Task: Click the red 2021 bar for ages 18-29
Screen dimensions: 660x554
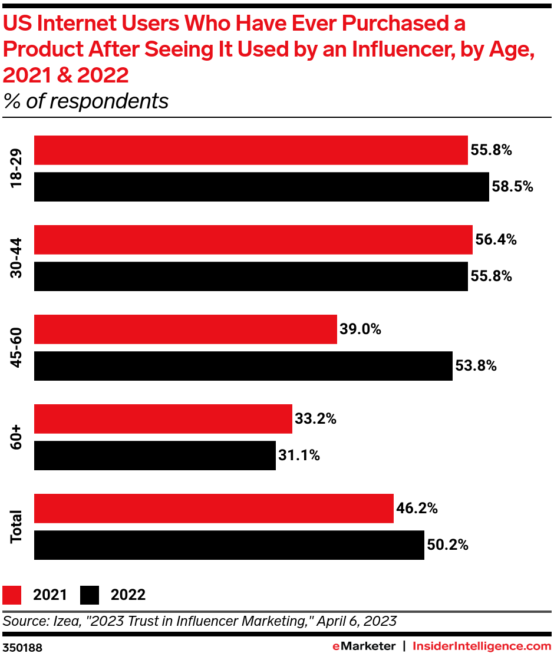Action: [x=250, y=150]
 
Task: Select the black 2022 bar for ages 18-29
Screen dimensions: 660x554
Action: [x=261, y=187]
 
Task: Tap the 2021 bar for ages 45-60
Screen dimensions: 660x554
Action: [x=185, y=329]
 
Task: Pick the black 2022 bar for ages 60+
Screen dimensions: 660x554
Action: [x=154, y=456]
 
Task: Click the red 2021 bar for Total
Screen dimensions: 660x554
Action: [x=213, y=509]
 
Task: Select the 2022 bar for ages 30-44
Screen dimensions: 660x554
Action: [x=250, y=276]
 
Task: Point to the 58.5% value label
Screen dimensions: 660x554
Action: [x=512, y=187]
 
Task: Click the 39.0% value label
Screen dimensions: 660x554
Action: [x=360, y=329]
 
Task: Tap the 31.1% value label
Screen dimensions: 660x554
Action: [x=299, y=456]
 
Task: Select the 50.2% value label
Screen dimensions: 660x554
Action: [x=447, y=545]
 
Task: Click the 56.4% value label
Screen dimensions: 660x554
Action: [x=496, y=240]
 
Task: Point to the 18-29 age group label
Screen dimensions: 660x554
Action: [x=16, y=169]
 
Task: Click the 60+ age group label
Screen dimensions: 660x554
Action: [x=16, y=437]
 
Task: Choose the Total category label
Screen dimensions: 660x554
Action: [x=16, y=527]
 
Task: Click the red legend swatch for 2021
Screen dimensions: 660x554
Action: [x=12, y=595]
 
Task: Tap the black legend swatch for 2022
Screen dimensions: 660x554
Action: [x=90, y=595]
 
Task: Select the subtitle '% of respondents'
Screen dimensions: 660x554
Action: [x=86, y=101]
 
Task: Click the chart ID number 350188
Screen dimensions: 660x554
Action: [x=22, y=647]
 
